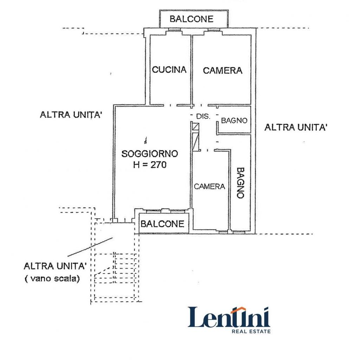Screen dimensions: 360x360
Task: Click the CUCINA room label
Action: (x=169, y=70)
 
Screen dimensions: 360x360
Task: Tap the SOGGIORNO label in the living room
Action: (x=150, y=154)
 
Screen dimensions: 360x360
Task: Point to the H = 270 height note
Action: (x=150, y=164)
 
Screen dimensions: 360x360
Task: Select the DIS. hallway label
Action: (x=203, y=116)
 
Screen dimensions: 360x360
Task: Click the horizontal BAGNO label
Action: (x=234, y=120)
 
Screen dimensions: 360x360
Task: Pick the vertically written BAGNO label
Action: (x=240, y=183)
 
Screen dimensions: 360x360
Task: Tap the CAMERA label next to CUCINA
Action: (x=223, y=70)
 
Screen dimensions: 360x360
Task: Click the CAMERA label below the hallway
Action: (x=210, y=186)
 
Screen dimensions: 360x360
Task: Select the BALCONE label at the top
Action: (x=192, y=19)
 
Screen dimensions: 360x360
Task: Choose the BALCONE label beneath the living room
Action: (x=162, y=224)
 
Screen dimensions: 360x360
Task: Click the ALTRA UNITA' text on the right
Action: (x=296, y=127)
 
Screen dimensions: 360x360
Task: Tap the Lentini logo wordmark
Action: (x=229, y=317)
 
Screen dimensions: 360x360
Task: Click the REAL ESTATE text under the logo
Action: (x=251, y=331)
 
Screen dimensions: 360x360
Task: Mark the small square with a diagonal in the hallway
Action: (x=195, y=127)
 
